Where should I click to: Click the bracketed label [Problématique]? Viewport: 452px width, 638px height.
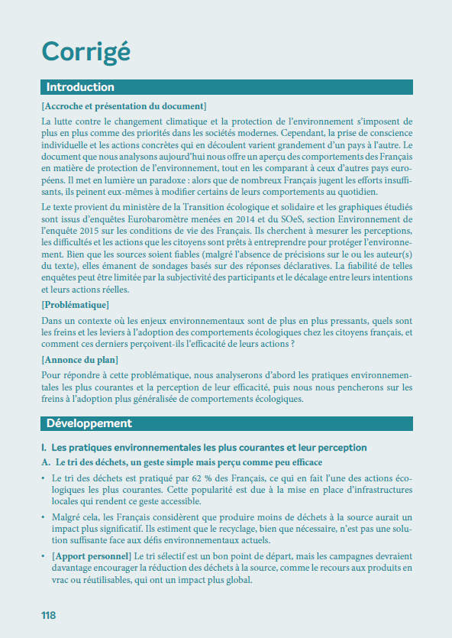click(75, 305)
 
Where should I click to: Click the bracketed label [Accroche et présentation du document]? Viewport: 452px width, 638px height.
click(124, 105)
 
